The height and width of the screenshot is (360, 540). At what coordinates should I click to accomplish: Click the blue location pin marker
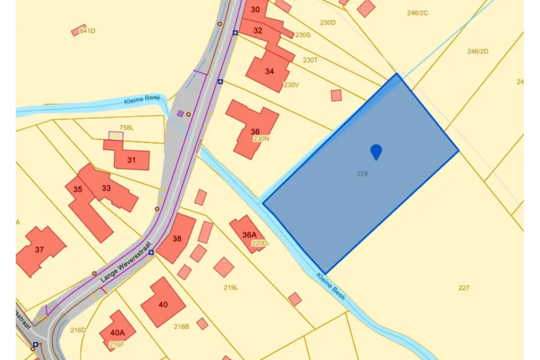click(376, 152)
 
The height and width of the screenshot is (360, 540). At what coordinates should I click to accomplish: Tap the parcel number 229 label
click(362, 173)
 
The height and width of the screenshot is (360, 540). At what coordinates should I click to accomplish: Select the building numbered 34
click(269, 71)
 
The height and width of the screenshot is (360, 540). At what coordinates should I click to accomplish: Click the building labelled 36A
click(249, 234)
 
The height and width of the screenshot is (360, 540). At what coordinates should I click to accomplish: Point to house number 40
click(163, 305)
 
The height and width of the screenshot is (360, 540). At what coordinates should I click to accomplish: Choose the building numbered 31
click(131, 160)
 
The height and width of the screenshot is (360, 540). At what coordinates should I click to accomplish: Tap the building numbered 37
click(40, 249)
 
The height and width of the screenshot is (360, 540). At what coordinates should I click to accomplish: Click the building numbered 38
click(177, 238)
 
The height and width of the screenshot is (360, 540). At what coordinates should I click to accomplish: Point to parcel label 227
click(464, 288)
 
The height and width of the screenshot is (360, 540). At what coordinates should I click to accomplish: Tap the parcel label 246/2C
click(418, 13)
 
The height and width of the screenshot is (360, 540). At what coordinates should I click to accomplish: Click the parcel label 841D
click(87, 31)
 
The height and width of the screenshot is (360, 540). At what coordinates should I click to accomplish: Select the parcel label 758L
click(126, 127)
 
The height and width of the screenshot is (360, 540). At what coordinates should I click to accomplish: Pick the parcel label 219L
click(231, 287)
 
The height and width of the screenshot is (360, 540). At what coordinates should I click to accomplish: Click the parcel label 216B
click(181, 327)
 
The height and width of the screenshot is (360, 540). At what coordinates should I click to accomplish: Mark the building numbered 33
click(106, 188)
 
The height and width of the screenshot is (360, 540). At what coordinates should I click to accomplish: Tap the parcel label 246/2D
click(478, 51)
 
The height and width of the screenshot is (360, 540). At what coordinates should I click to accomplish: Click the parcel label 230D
click(328, 22)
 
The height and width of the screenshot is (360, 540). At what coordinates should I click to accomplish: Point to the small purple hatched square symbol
click(180, 113)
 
